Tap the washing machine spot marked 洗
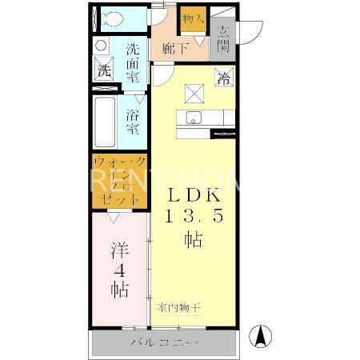tap(104, 69)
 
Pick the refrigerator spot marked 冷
tap(224, 78)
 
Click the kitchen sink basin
tap(194, 118)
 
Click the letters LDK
tap(193, 195)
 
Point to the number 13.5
tap(193, 216)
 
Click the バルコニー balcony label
tap(165, 344)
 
